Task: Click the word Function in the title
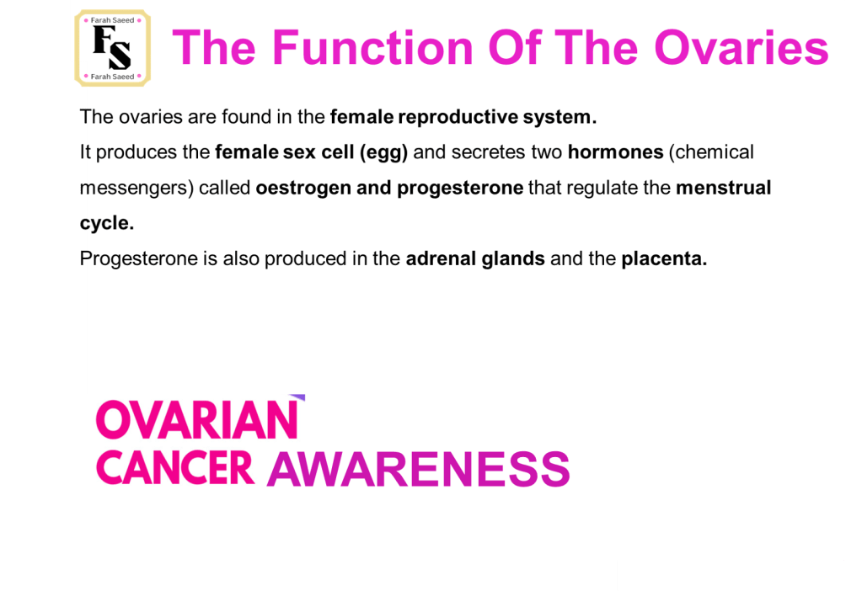372,48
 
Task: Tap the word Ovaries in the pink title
741,48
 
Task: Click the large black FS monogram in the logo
112,48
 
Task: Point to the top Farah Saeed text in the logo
112,20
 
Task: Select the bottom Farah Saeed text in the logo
112,77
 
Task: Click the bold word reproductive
458,118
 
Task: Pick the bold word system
559,118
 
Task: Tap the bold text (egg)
383,152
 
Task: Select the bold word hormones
616,152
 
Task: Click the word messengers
137,189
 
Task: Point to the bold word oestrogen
303,189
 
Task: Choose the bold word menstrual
724,188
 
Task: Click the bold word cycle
107,224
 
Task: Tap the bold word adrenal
441,258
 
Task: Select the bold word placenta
664,259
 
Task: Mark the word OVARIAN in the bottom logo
197,419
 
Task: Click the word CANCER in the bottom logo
174,468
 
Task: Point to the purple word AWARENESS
418,469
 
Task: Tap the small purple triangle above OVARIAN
299,397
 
